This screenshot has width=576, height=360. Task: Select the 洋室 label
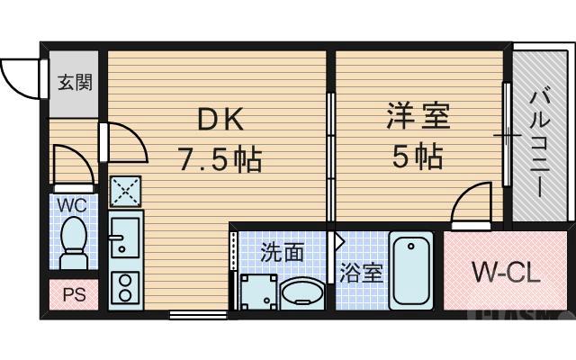418,117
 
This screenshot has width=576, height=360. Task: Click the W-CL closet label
507,271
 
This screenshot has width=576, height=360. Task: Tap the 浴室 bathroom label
362,273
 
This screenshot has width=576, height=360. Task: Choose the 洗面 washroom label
282,252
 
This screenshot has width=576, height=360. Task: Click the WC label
71,204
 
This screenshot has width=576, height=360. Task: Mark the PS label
73,295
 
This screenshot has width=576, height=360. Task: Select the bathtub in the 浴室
412,270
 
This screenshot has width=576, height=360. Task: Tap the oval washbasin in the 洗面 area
302,292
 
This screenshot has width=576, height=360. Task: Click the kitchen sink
125,237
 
